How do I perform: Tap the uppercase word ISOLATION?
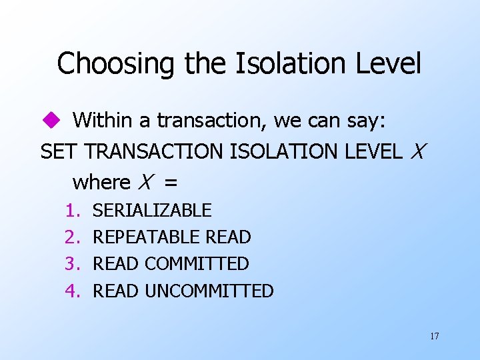(285, 151)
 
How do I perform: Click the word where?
(101, 181)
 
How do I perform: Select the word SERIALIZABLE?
(152, 211)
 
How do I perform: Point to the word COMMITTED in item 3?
(197, 264)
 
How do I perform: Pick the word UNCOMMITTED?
(209, 291)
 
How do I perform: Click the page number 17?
(434, 336)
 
